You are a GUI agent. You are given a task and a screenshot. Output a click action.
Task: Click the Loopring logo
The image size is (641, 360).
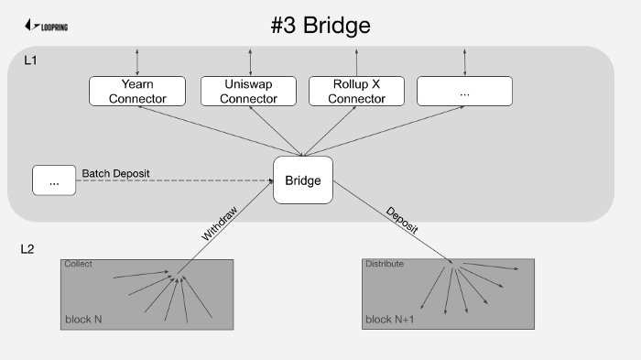(x=46, y=26)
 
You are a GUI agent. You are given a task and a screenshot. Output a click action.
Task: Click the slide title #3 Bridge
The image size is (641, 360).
(x=320, y=26)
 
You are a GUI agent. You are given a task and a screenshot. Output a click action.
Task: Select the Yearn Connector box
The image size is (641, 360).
(x=137, y=92)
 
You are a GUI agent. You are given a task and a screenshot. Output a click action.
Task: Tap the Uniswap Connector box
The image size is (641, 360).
(x=248, y=92)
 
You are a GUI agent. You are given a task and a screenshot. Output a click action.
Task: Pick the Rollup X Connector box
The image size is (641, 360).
(x=356, y=92)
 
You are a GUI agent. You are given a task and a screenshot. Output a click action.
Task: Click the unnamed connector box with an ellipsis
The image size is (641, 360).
(x=464, y=92)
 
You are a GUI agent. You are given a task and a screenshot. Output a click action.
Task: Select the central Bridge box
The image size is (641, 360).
(x=303, y=180)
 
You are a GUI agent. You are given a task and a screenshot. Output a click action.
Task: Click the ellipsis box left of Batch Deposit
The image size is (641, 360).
(x=54, y=180)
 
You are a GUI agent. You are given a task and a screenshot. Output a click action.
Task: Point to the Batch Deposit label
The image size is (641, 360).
(x=115, y=173)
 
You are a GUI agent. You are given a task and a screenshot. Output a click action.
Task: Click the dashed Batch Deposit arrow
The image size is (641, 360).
(x=175, y=180)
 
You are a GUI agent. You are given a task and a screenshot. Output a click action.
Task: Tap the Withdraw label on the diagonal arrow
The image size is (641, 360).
(x=220, y=224)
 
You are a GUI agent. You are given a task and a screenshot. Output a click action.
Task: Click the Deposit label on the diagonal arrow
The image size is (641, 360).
(x=402, y=221)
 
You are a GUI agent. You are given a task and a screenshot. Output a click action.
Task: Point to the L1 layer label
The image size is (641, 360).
(x=30, y=60)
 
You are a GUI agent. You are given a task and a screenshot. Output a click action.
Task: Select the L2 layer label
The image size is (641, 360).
(x=27, y=249)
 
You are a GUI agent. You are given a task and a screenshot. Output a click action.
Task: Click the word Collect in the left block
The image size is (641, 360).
(x=78, y=264)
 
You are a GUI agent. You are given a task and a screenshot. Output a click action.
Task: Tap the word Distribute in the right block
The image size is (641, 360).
(x=385, y=264)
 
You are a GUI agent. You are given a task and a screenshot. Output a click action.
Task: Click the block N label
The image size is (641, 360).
(x=83, y=320)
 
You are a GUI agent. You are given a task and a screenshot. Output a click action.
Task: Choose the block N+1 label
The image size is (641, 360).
(x=389, y=320)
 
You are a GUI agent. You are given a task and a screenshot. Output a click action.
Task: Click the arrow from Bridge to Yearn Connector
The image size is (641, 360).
(x=220, y=131)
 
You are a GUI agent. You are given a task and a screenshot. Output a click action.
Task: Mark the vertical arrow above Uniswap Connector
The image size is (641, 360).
(x=250, y=62)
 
